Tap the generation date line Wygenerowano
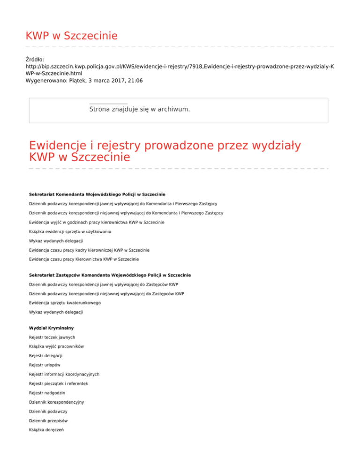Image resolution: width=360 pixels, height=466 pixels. pos(84,81)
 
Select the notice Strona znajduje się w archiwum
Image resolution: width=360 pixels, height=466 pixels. pos(139,109)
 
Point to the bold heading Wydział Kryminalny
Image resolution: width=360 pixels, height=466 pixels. pos(52,328)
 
